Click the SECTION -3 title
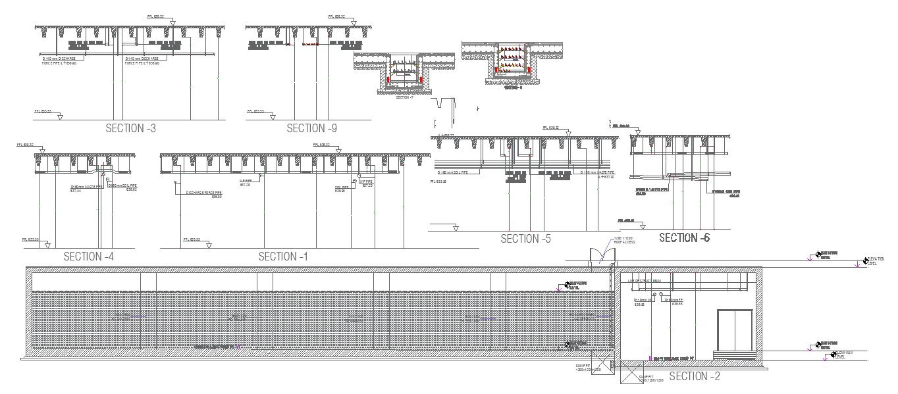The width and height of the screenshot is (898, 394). click(x=130, y=128)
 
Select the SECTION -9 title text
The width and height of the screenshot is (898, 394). click(x=312, y=128)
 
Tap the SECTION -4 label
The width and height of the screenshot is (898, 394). click(x=89, y=257)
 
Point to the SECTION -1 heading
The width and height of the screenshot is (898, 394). click(x=283, y=257)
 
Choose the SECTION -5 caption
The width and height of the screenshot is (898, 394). click(x=525, y=239)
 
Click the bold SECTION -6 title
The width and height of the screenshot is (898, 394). click(x=685, y=237)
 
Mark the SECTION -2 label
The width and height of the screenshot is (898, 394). click(x=695, y=376)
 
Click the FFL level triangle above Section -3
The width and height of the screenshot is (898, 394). click(x=172, y=23)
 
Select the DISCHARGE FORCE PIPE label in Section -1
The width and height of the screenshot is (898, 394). click(x=204, y=194)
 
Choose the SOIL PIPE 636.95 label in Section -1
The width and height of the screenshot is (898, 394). click(x=340, y=189)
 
